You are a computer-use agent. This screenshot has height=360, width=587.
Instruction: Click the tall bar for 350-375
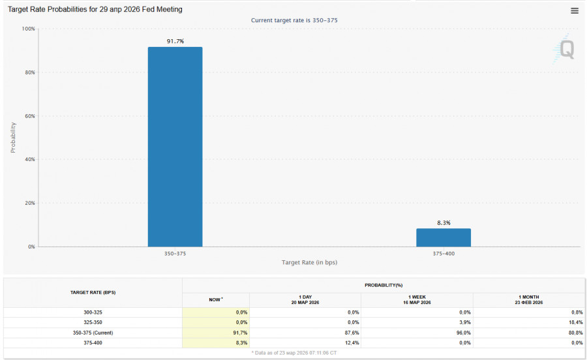click(x=175, y=147)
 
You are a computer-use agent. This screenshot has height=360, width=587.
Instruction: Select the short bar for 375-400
click(x=444, y=237)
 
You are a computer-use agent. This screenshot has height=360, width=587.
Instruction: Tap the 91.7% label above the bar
click(x=175, y=41)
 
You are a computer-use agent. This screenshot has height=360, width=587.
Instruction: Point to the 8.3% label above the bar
click(x=444, y=222)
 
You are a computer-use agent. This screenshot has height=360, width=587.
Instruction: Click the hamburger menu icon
click(x=574, y=10)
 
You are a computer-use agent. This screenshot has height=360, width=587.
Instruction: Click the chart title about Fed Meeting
click(x=95, y=10)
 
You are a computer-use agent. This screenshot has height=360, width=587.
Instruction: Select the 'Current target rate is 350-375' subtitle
click(x=294, y=20)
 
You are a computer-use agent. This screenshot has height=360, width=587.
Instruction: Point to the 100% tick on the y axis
click(x=28, y=29)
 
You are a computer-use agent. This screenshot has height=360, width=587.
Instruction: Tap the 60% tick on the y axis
click(x=29, y=116)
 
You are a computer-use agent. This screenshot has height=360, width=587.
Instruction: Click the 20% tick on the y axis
click(x=29, y=203)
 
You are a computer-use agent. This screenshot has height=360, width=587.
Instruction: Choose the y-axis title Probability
click(x=13, y=137)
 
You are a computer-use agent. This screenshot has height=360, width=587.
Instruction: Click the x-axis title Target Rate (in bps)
click(x=309, y=262)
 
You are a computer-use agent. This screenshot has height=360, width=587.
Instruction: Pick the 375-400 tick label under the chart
click(x=444, y=253)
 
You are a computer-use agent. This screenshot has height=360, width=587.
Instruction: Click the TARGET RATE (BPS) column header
click(x=93, y=292)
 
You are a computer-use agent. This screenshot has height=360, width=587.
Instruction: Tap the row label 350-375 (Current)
click(x=93, y=333)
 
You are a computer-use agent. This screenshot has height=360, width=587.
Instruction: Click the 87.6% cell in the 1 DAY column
click(x=350, y=333)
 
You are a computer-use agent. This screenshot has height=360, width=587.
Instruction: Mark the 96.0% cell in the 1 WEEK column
click(x=462, y=333)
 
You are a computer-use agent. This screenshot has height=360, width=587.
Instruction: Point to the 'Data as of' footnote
click(x=294, y=352)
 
